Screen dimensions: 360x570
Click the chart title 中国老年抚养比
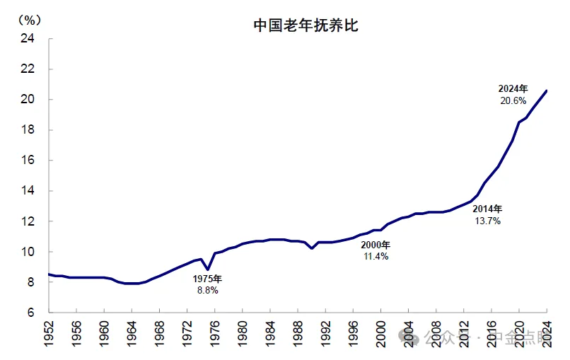click(x=307, y=25)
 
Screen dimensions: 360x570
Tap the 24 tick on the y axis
click(x=28, y=39)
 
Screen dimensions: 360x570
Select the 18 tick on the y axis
click(x=28, y=130)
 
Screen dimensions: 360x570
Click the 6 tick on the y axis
click(x=31, y=313)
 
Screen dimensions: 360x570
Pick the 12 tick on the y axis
click(x=28, y=221)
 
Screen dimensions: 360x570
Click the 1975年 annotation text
click(x=207, y=279)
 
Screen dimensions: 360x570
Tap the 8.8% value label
click(x=207, y=290)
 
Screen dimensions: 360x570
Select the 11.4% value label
click(x=375, y=256)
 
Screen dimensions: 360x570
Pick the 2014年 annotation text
click(x=488, y=209)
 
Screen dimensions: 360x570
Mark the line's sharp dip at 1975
click(x=208, y=269)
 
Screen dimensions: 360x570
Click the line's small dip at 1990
click(x=312, y=248)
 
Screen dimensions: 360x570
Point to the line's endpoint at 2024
click(x=547, y=90)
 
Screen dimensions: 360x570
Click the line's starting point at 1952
click(x=49, y=274)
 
